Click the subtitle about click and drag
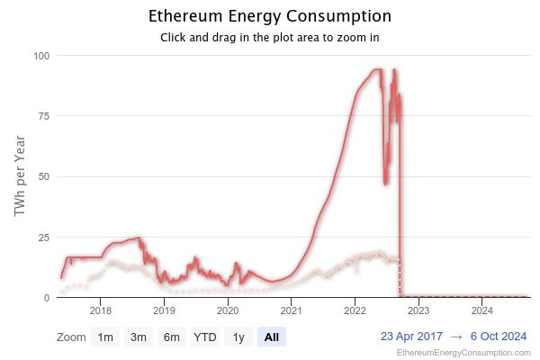(269, 38)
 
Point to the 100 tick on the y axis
(41, 56)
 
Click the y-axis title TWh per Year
(20, 176)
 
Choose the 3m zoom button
(138, 337)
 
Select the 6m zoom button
(171, 337)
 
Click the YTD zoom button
(205, 337)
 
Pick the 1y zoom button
(238, 337)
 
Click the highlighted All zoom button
(271, 337)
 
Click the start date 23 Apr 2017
(412, 337)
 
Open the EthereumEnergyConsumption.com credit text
(463, 353)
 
